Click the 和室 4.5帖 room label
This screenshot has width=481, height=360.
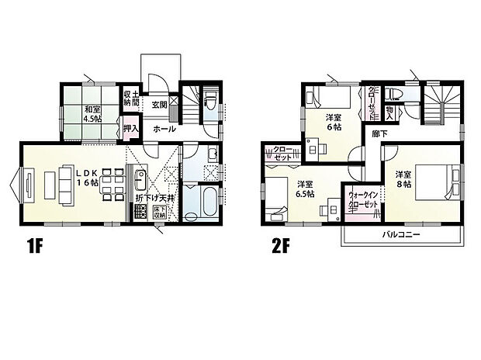(x=94, y=114)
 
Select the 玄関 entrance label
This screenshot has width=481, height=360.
(x=160, y=104)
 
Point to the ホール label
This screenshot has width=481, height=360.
(x=164, y=129)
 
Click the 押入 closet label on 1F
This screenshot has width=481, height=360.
(x=132, y=129)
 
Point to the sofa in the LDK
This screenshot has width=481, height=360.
(x=57, y=185)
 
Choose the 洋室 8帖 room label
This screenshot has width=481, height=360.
(x=403, y=178)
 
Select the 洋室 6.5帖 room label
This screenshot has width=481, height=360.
(x=304, y=189)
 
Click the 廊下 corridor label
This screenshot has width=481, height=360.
(x=380, y=133)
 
